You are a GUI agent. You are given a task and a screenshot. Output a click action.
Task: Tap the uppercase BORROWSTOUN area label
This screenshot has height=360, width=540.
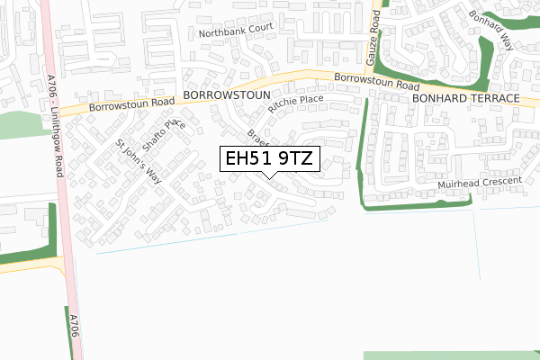pos(220,94)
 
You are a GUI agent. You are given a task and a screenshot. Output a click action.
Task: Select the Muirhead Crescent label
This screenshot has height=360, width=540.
pos(480,183)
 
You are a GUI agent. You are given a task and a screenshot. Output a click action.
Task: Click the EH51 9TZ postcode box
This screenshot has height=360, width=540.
pos(269,159)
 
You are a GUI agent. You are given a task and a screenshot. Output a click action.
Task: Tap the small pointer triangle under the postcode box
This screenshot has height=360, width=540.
pos(269,175)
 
